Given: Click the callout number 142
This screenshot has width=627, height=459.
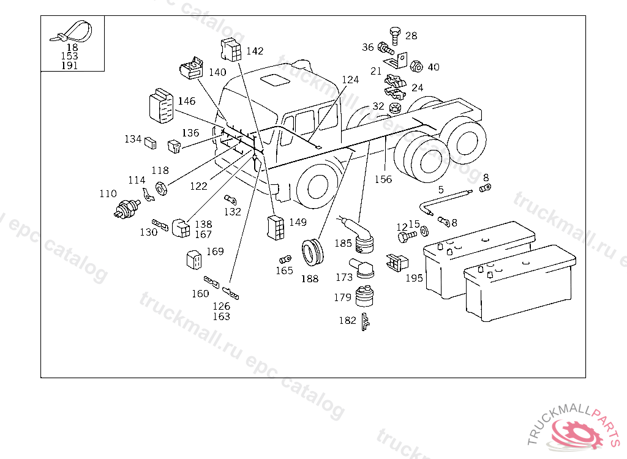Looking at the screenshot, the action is (255, 51).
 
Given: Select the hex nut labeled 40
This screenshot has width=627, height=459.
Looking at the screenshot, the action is (416, 66).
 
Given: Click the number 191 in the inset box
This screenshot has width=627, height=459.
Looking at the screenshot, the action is (70, 65).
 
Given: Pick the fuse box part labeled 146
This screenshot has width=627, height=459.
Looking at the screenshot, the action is (161, 105).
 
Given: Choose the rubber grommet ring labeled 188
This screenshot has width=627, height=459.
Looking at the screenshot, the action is (312, 253).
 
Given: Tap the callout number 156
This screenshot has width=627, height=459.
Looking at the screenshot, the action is (383, 179).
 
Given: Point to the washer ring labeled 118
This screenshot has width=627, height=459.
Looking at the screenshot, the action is (161, 188).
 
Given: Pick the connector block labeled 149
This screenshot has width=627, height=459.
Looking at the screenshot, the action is (276, 228).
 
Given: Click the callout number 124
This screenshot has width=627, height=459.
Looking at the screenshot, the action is (350, 80).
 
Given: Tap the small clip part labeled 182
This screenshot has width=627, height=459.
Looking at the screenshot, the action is (366, 322).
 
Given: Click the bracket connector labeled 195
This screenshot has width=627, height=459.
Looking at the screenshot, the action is (397, 262).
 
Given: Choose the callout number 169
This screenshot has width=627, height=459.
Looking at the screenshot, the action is (215, 251).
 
